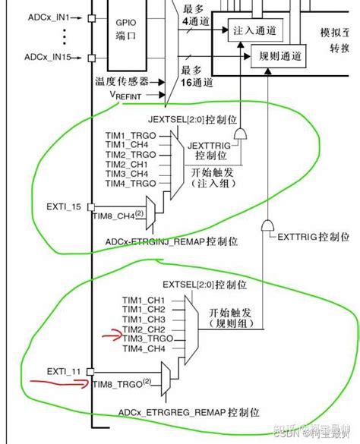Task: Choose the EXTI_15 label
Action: (x=64, y=206)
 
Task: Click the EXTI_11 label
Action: (x=64, y=371)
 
